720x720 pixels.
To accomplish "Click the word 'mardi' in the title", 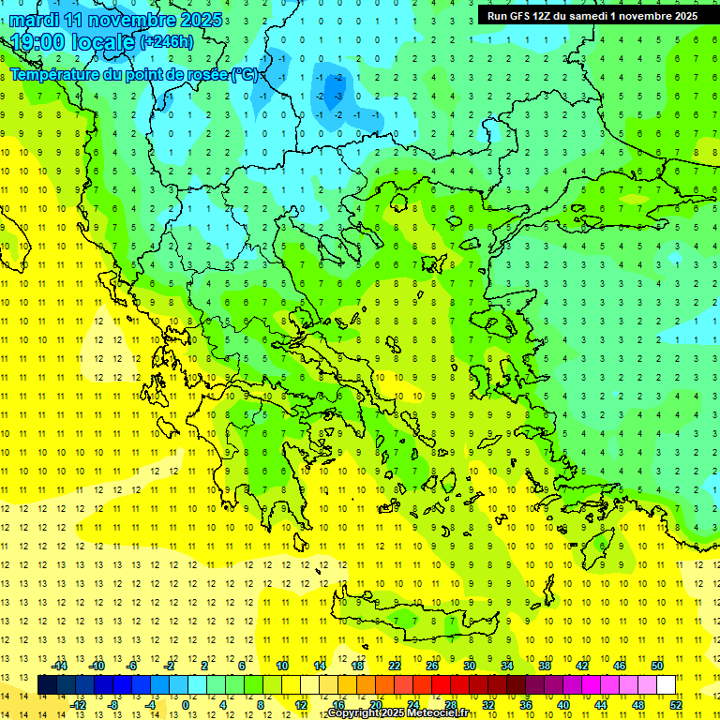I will click(33, 20).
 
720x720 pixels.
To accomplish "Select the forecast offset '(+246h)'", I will click(168, 41).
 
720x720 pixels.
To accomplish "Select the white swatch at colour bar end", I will click(666, 685).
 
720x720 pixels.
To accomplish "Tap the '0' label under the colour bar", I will click(187, 705).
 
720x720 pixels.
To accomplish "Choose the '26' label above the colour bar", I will click(432, 666).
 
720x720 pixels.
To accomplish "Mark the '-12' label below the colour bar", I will click(78, 705).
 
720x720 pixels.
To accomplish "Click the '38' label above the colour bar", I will click(545, 666).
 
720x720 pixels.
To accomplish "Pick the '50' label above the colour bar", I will click(657, 666).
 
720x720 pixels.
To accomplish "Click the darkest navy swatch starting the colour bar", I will click(47, 685).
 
